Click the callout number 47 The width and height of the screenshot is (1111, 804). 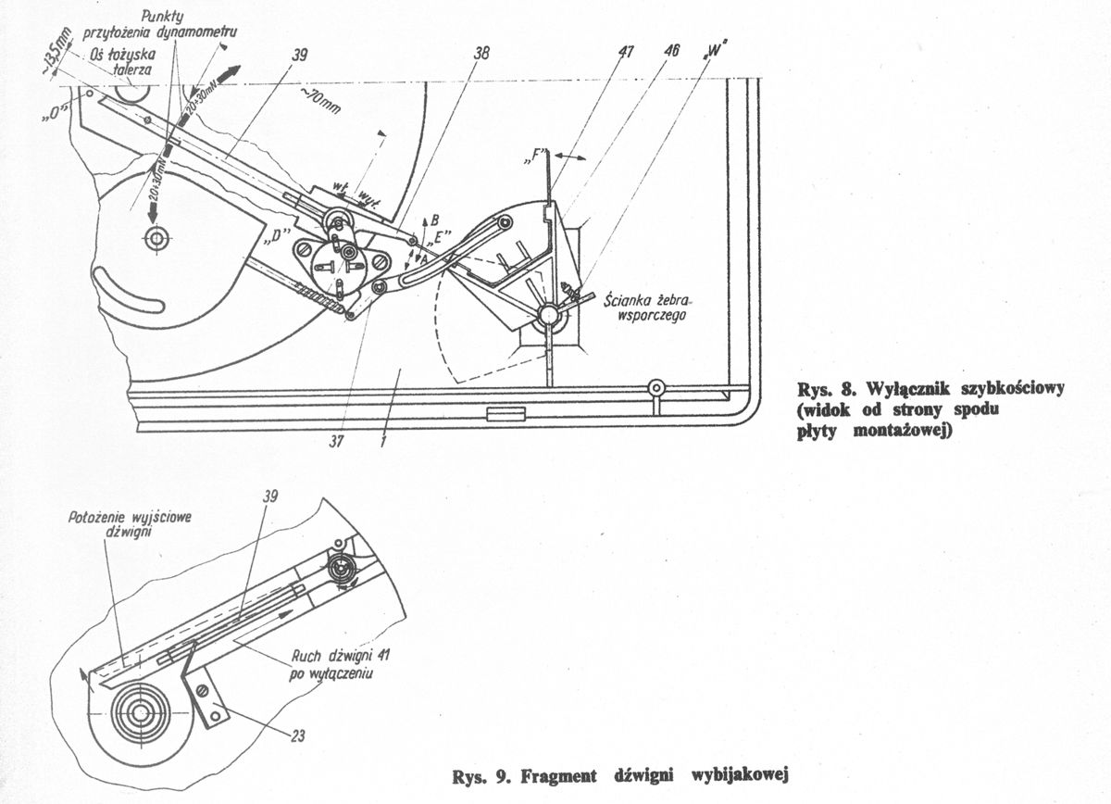click(626, 53)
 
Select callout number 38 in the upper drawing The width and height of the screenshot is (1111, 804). click(481, 55)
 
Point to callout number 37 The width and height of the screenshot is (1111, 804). click(337, 442)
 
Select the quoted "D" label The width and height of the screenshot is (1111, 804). click(272, 236)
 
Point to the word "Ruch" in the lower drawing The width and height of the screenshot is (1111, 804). click(307, 658)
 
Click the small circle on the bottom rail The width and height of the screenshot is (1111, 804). click(656, 386)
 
